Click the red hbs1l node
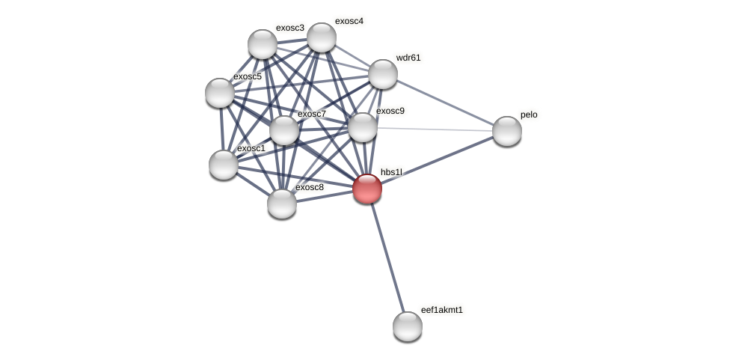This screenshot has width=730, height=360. [x=367, y=189]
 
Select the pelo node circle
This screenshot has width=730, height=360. [x=506, y=131]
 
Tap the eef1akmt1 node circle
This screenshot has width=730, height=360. [x=408, y=326]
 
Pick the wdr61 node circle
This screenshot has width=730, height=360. [x=383, y=74]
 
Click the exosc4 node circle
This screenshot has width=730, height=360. [x=322, y=37]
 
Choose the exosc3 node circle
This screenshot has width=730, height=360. [x=263, y=44]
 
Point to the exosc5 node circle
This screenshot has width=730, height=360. [x=220, y=93]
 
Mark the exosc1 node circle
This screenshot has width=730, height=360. [x=224, y=164]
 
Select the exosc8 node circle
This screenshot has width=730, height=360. [x=282, y=203]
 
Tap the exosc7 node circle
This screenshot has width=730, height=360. [x=284, y=130]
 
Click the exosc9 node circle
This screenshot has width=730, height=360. [x=363, y=127]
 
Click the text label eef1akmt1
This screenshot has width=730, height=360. [x=441, y=310]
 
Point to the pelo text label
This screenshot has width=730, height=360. [x=529, y=115]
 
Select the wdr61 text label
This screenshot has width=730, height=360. [x=408, y=58]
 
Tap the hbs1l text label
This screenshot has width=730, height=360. [x=391, y=172]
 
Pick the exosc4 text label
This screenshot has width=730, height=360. [x=349, y=21]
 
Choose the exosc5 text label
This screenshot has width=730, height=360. [x=248, y=76]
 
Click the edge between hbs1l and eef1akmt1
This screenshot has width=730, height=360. [x=387, y=257]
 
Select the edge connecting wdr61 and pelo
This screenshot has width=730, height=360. [x=444, y=103]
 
